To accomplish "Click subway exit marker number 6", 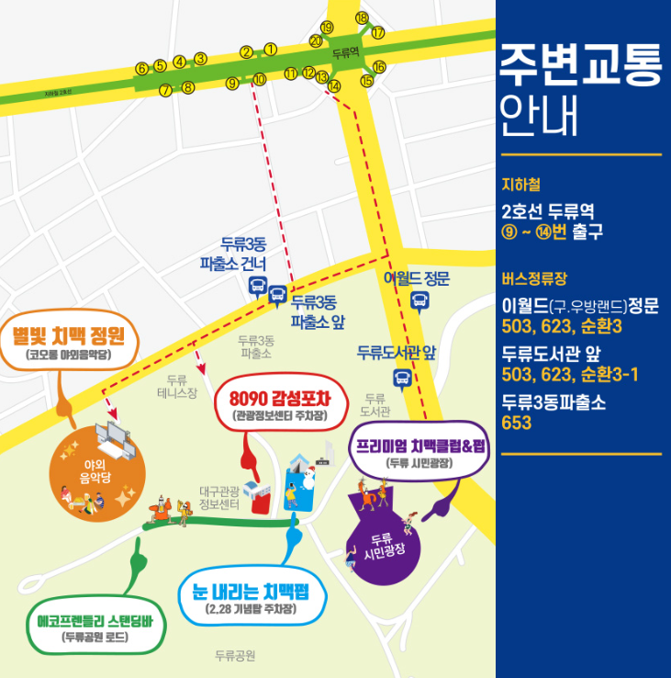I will point(141,68).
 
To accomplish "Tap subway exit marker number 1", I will point(270,49).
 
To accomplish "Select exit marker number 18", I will point(362,18).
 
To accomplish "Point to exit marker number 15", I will point(367,81).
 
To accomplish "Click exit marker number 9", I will point(231,84).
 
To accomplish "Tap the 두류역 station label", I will point(345,53).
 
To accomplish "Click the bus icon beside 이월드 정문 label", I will point(419,300).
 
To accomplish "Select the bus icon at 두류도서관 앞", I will point(402,377).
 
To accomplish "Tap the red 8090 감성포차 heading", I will point(277,399).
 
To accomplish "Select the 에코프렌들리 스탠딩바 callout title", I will point(95,618).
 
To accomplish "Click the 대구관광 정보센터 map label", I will point(219,498).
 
